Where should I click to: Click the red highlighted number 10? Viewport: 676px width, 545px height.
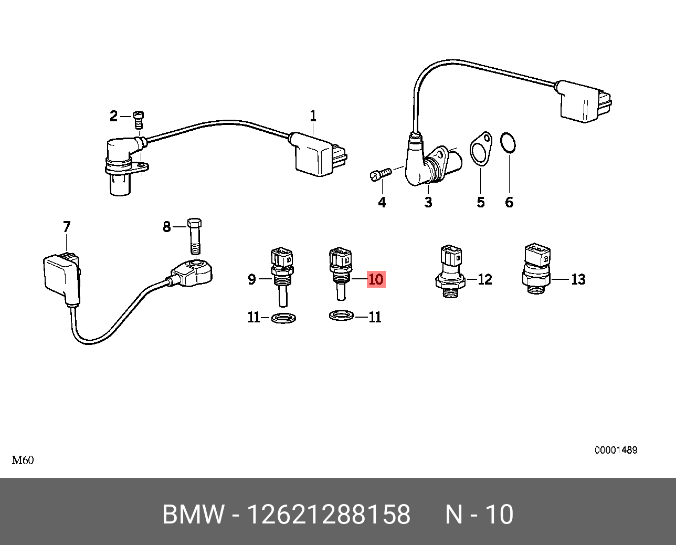click(376, 279)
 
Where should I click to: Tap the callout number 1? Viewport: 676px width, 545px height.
click(313, 117)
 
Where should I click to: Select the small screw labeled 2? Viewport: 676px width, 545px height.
click(138, 119)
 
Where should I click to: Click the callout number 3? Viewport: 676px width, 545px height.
click(428, 202)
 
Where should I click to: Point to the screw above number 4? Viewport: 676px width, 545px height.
click(381, 174)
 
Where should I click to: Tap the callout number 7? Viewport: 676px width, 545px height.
click(67, 227)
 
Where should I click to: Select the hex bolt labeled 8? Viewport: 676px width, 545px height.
click(195, 236)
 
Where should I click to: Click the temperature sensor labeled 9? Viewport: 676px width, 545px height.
click(282, 277)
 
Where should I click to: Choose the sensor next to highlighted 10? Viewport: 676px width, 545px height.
click(340, 274)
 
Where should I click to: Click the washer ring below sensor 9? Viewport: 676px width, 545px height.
click(283, 318)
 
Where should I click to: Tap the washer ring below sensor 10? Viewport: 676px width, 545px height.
click(341, 315)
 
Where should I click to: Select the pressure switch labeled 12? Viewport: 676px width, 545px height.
click(451, 272)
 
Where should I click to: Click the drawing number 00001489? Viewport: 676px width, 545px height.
click(616, 450)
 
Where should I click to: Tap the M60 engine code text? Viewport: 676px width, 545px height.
click(23, 460)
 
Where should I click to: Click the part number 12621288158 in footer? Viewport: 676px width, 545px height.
click(329, 515)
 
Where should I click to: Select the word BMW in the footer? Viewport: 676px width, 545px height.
click(194, 515)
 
